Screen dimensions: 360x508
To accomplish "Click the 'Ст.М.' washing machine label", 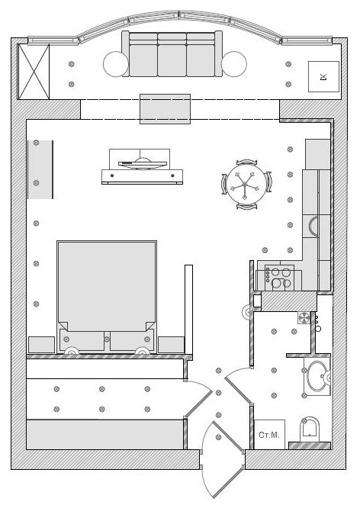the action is pos(269,435).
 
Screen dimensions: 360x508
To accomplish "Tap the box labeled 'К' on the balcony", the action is pos(323,76).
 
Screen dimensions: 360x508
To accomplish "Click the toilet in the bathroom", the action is pos(310,429).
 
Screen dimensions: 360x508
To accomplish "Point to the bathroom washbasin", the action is pos(317,376).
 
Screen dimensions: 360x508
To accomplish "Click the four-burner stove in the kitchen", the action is pos(279,278).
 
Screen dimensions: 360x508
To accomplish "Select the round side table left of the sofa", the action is pos(116,64).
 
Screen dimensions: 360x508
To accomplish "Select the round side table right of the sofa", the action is pos(234,64).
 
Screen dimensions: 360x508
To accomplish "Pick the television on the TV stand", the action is pos(143,163).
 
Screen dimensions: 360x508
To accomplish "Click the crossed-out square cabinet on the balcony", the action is pos(34,72).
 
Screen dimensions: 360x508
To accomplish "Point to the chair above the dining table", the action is pos(247,162).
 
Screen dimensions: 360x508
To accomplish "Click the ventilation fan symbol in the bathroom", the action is pos(304,318).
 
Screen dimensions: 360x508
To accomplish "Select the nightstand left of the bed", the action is pos(41,345).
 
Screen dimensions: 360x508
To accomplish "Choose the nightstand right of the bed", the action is pos(171,345).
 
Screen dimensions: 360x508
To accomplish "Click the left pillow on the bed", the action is pos(82,340).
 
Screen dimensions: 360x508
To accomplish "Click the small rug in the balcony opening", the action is pos(165,109).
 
